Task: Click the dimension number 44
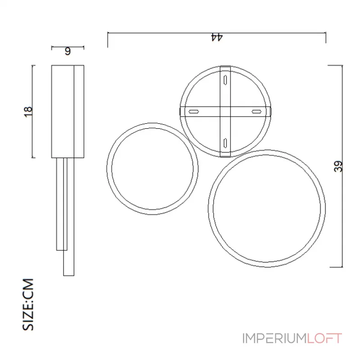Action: click(217, 37)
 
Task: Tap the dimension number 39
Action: click(338, 166)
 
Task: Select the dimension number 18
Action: click(28, 112)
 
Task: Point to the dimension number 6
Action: click(67, 51)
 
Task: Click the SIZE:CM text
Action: click(28, 305)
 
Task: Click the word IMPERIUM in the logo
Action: click(274, 338)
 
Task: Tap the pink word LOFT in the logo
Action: click(324, 338)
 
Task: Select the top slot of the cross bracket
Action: click(225, 80)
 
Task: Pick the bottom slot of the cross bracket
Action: click(225, 143)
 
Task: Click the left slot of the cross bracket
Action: click(194, 112)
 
